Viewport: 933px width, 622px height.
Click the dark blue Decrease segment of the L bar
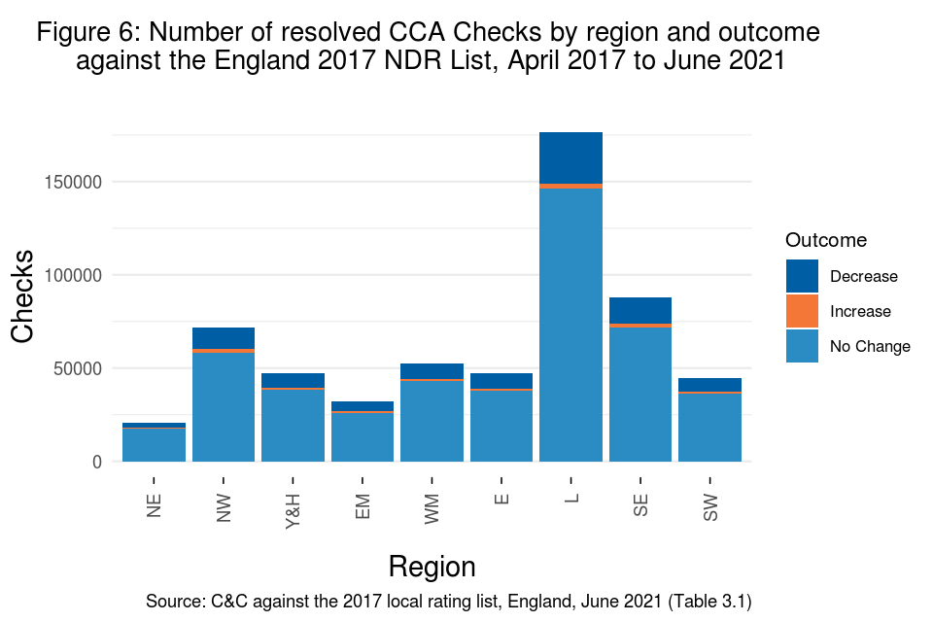tap(570, 157)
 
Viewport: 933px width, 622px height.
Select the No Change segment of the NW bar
tap(224, 406)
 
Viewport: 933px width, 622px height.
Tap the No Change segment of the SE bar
tap(640, 394)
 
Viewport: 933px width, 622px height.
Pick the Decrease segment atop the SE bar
tap(640, 310)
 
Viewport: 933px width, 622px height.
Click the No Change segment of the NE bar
tap(154, 445)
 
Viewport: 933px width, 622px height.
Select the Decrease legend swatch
tap(802, 276)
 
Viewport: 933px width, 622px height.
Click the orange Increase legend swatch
tap(802, 311)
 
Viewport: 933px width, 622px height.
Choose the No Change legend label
tap(870, 346)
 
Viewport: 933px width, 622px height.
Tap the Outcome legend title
tap(826, 240)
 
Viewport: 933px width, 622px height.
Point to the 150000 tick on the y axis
tap(74, 182)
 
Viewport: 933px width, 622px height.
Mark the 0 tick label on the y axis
tap(97, 462)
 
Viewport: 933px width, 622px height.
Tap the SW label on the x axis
tap(710, 504)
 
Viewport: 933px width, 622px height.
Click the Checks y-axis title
tap(23, 296)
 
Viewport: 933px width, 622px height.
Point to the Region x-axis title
tap(432, 567)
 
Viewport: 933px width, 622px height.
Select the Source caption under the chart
tap(448, 602)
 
